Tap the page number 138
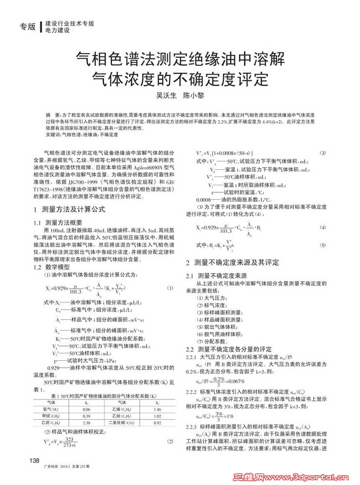[x=35, y=460]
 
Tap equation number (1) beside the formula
[x=170, y=288]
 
